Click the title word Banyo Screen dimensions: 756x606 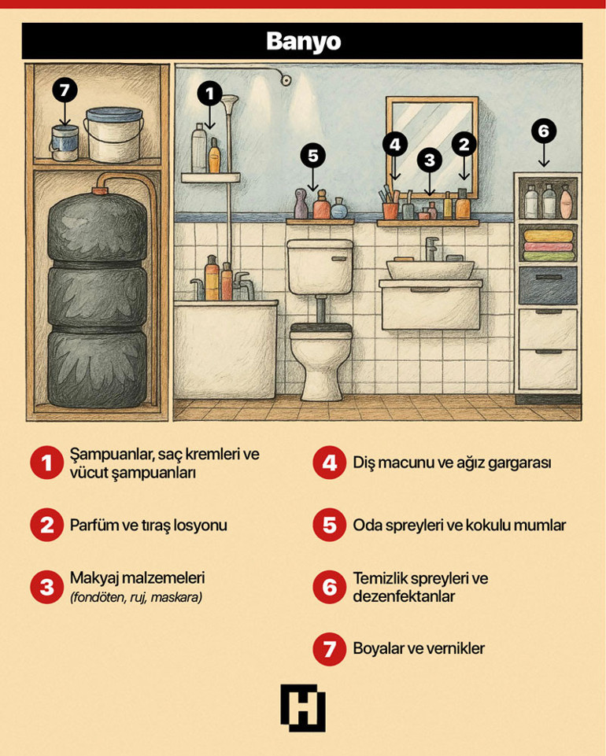[x=303, y=41]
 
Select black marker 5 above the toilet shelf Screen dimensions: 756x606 [x=313, y=156]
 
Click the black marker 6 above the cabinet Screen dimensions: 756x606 [x=543, y=131]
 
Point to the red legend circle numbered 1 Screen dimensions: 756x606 [x=46, y=463]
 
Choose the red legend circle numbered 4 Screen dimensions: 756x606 [x=329, y=463]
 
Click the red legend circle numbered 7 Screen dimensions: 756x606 [x=329, y=649]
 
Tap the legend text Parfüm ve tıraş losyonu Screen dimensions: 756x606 [x=148, y=525]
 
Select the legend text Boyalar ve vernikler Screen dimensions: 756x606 [x=419, y=649]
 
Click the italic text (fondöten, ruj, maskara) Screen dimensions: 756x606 [x=135, y=598]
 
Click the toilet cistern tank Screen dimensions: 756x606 [x=319, y=266]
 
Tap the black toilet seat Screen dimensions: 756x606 [x=320, y=328]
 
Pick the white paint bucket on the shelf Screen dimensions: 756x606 [x=113, y=132]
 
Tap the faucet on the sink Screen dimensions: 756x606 [x=430, y=250]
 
